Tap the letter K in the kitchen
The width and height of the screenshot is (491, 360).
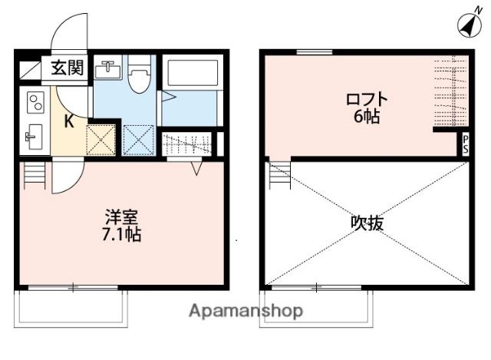[x=68, y=121]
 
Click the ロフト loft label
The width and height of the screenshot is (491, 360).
[x=367, y=100]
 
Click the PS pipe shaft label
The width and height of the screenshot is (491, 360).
[x=465, y=144]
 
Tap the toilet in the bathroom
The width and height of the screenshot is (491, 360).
[x=139, y=78]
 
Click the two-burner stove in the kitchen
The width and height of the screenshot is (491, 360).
[x=35, y=102]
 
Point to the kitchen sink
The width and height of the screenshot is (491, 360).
[x=32, y=138]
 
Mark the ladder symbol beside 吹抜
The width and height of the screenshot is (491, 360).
[x=279, y=175]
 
